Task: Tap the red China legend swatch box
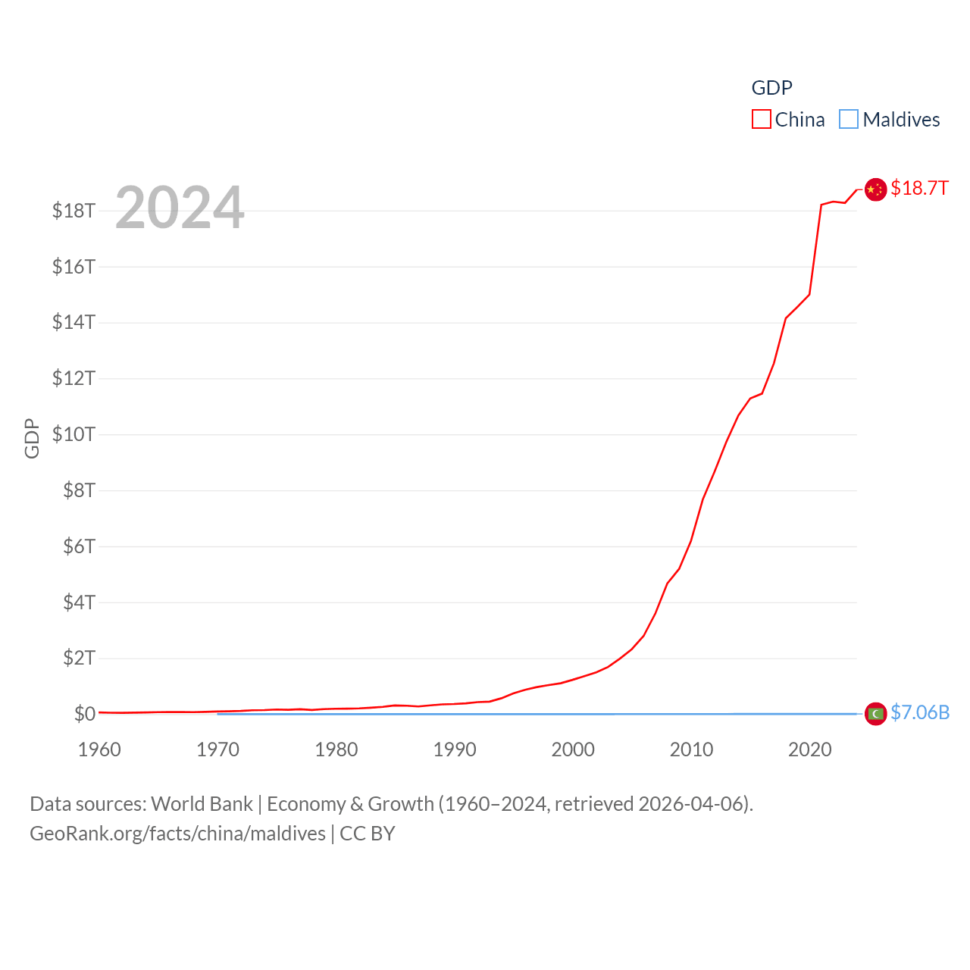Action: pos(761,120)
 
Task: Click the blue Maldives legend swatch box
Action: pos(849,120)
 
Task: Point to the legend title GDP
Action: pos(771,88)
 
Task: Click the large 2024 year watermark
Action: pos(180,208)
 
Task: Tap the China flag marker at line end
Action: pos(875,189)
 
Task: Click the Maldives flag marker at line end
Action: pos(875,714)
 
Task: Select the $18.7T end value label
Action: pos(919,188)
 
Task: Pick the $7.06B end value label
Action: pos(920,712)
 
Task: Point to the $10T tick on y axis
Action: pos(74,434)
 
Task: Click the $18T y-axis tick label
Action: pos(74,211)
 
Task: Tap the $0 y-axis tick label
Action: pos(84,714)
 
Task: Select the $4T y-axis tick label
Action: pos(79,602)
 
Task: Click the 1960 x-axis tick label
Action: pos(99,749)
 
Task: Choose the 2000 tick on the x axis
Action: pos(573,749)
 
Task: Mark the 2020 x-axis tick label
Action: pos(809,749)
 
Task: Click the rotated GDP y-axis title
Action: pos(32,438)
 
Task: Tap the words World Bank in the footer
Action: pos(202,804)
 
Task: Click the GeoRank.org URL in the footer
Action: pos(177,834)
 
